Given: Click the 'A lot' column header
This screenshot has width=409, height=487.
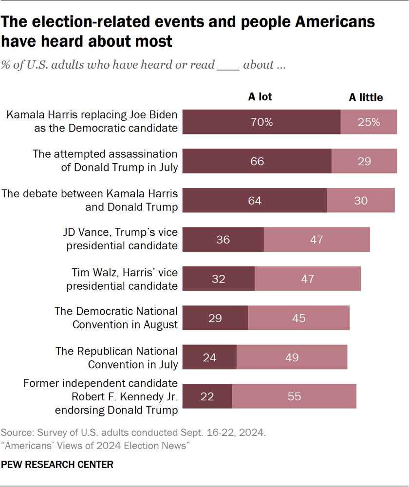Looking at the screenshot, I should (x=260, y=97).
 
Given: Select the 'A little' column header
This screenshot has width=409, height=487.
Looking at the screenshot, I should (x=366, y=97).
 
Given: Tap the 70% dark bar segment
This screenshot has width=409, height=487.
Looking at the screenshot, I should (x=261, y=122).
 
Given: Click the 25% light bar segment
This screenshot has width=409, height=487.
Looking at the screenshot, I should (x=369, y=122).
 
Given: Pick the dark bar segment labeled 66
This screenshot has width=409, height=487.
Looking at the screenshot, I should (x=257, y=161).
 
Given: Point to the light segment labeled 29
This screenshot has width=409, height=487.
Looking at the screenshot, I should (x=364, y=161).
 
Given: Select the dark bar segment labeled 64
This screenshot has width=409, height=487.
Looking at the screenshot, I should (x=255, y=200).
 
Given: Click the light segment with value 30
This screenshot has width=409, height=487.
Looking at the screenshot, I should (x=361, y=200).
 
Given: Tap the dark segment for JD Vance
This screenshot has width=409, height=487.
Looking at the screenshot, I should (x=223, y=240).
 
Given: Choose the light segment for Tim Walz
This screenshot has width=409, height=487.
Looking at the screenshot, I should (x=307, y=279).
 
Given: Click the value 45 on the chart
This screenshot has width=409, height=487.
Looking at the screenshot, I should (x=298, y=318).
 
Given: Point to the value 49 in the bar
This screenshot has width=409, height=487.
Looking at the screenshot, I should (x=292, y=357).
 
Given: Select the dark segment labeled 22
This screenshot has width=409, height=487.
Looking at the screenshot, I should (x=207, y=396).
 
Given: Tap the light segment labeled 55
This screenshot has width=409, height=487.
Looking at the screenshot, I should (x=294, y=396).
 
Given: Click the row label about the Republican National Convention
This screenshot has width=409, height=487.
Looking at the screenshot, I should (x=116, y=357).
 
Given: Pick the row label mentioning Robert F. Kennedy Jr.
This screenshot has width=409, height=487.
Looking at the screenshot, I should (x=100, y=396).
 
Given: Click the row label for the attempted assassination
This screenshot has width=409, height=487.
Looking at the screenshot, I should (x=105, y=161).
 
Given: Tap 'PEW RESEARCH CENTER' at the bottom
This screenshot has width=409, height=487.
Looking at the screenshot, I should (x=57, y=465).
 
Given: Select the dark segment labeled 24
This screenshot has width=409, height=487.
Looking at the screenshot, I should (x=210, y=357).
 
